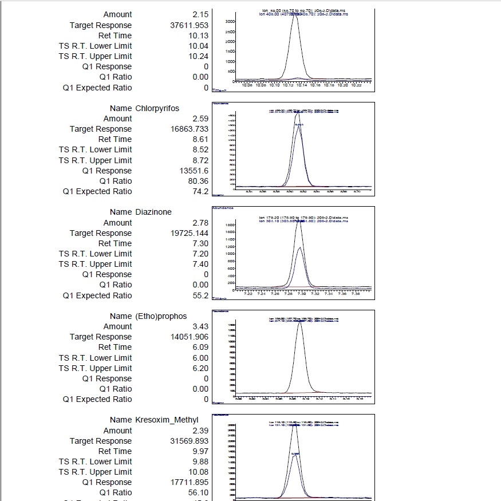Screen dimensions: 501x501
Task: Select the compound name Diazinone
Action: (153, 212)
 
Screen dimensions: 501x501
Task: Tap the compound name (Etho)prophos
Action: (161, 316)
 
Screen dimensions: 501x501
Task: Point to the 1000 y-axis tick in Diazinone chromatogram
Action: (228, 254)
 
